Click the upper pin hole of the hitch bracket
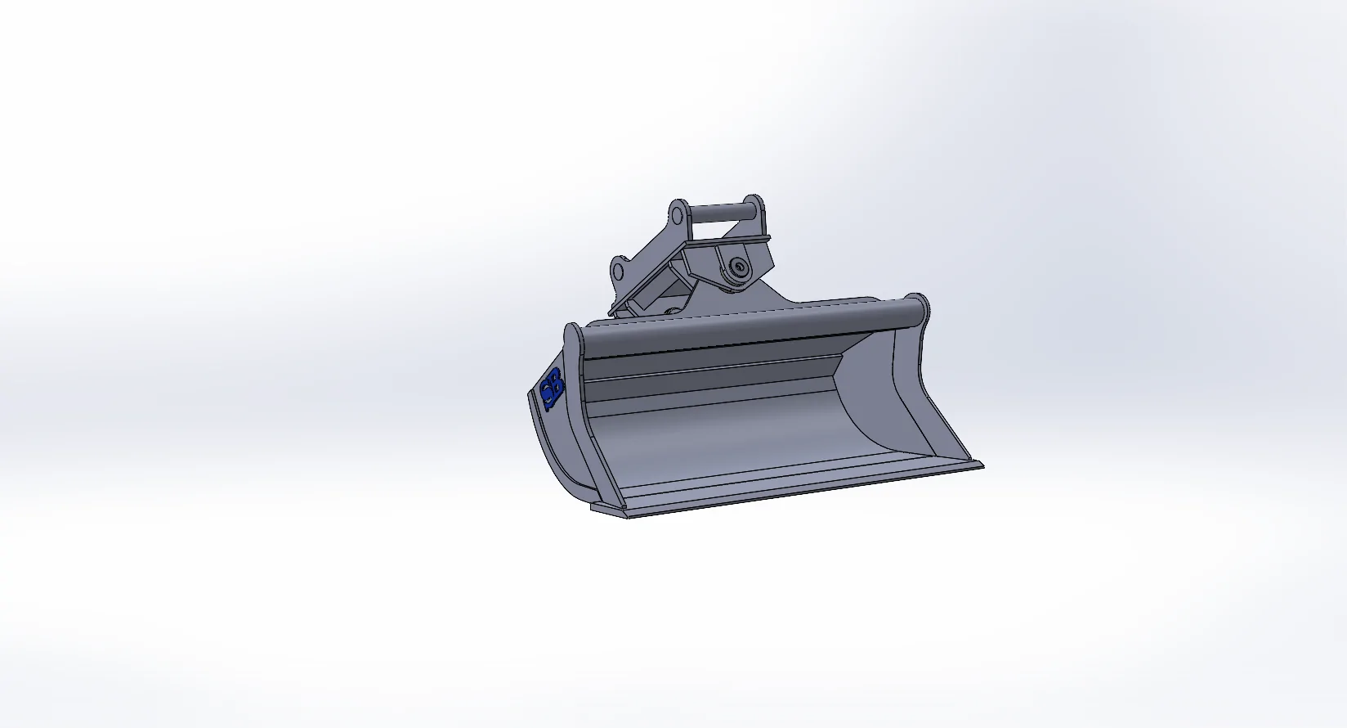tap(678, 214)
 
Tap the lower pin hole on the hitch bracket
tap(619, 271)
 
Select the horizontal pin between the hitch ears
tap(719, 210)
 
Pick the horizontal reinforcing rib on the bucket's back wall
tap(711, 375)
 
